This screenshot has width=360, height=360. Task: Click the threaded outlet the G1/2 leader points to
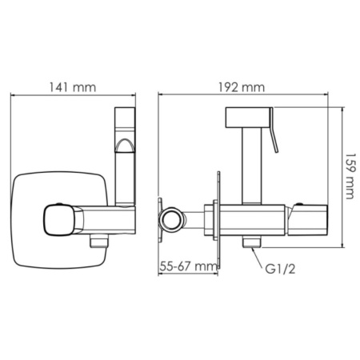[250, 241]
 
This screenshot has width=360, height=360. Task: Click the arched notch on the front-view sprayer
[124, 146]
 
